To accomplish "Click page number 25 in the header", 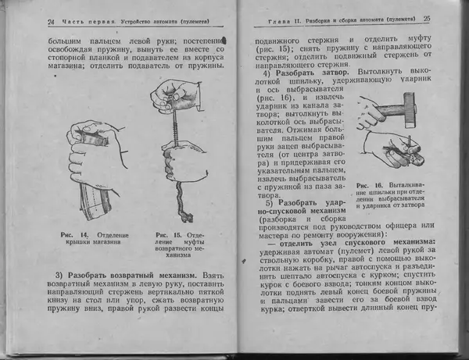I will click(428, 17).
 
